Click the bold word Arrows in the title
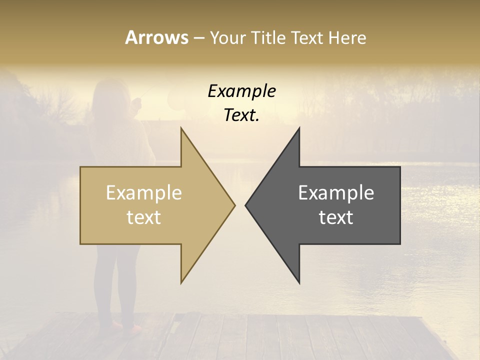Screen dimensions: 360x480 tap(156, 37)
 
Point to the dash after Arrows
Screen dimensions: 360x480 tap(198, 38)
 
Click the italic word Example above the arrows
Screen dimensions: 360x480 tap(241, 91)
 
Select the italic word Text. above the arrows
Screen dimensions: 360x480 tap(241, 115)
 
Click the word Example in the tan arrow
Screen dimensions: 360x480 tap(144, 193)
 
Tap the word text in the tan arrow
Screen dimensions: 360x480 tap(144, 217)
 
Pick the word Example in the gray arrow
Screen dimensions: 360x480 tap(336, 193)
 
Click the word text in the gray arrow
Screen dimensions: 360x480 tap(336, 217)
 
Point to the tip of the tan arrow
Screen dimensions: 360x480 tap(234, 205)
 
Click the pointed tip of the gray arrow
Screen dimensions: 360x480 tap(245, 205)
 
